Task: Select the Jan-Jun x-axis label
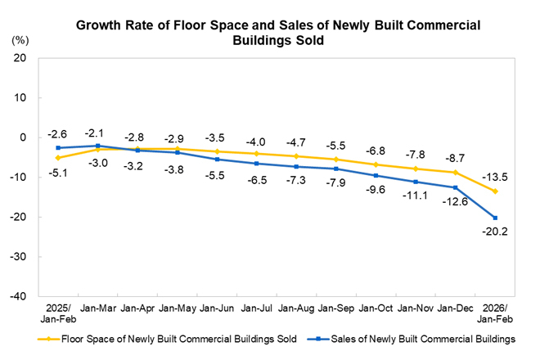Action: point(217,309)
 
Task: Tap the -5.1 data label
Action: point(57,172)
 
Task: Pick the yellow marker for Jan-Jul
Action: point(257,154)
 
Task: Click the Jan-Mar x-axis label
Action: point(97,309)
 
